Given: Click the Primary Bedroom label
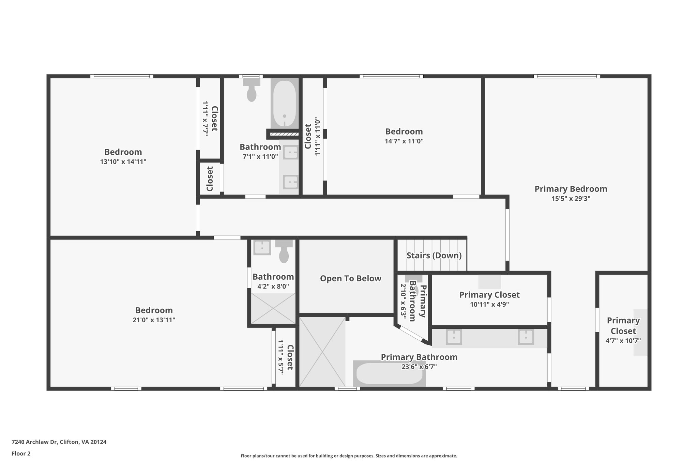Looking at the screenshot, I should pyautogui.click(x=571, y=189).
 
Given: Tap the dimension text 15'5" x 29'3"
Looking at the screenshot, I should pyautogui.click(x=571, y=199).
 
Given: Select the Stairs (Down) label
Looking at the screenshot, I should pyautogui.click(x=434, y=255).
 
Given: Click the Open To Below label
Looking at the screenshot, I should pyautogui.click(x=350, y=279).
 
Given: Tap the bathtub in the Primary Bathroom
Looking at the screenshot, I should pyautogui.click(x=389, y=374).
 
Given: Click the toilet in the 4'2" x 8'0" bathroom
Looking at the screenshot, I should pyautogui.click(x=284, y=252).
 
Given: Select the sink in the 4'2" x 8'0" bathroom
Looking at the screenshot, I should pyautogui.click(x=262, y=248).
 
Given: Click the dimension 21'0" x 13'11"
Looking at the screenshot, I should pyautogui.click(x=154, y=320).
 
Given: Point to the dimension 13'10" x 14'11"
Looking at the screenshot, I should pyautogui.click(x=123, y=162).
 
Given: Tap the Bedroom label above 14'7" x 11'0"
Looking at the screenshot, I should pyautogui.click(x=404, y=131).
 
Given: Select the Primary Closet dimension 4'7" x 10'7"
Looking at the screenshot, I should pyautogui.click(x=623, y=341).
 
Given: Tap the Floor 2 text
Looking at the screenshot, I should pyautogui.click(x=21, y=453).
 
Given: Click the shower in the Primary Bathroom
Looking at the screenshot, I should pyautogui.click(x=322, y=352).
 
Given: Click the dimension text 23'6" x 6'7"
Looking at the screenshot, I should pyautogui.click(x=419, y=367).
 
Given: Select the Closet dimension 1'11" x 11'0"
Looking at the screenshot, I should pyautogui.click(x=318, y=137).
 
